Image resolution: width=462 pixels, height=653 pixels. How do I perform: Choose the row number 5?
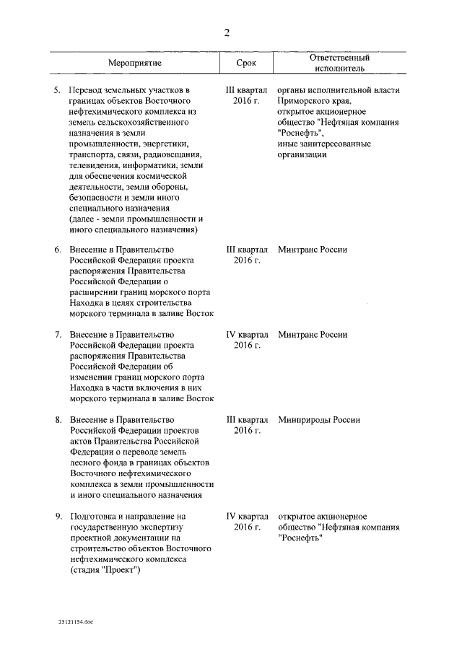(58, 90)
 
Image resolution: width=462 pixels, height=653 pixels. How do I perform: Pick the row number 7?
(58, 335)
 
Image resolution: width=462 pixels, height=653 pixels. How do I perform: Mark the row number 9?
(58, 517)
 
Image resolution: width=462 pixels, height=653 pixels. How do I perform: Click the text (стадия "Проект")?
(105, 570)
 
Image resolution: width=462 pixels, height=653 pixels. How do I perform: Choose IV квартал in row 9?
(247, 517)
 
